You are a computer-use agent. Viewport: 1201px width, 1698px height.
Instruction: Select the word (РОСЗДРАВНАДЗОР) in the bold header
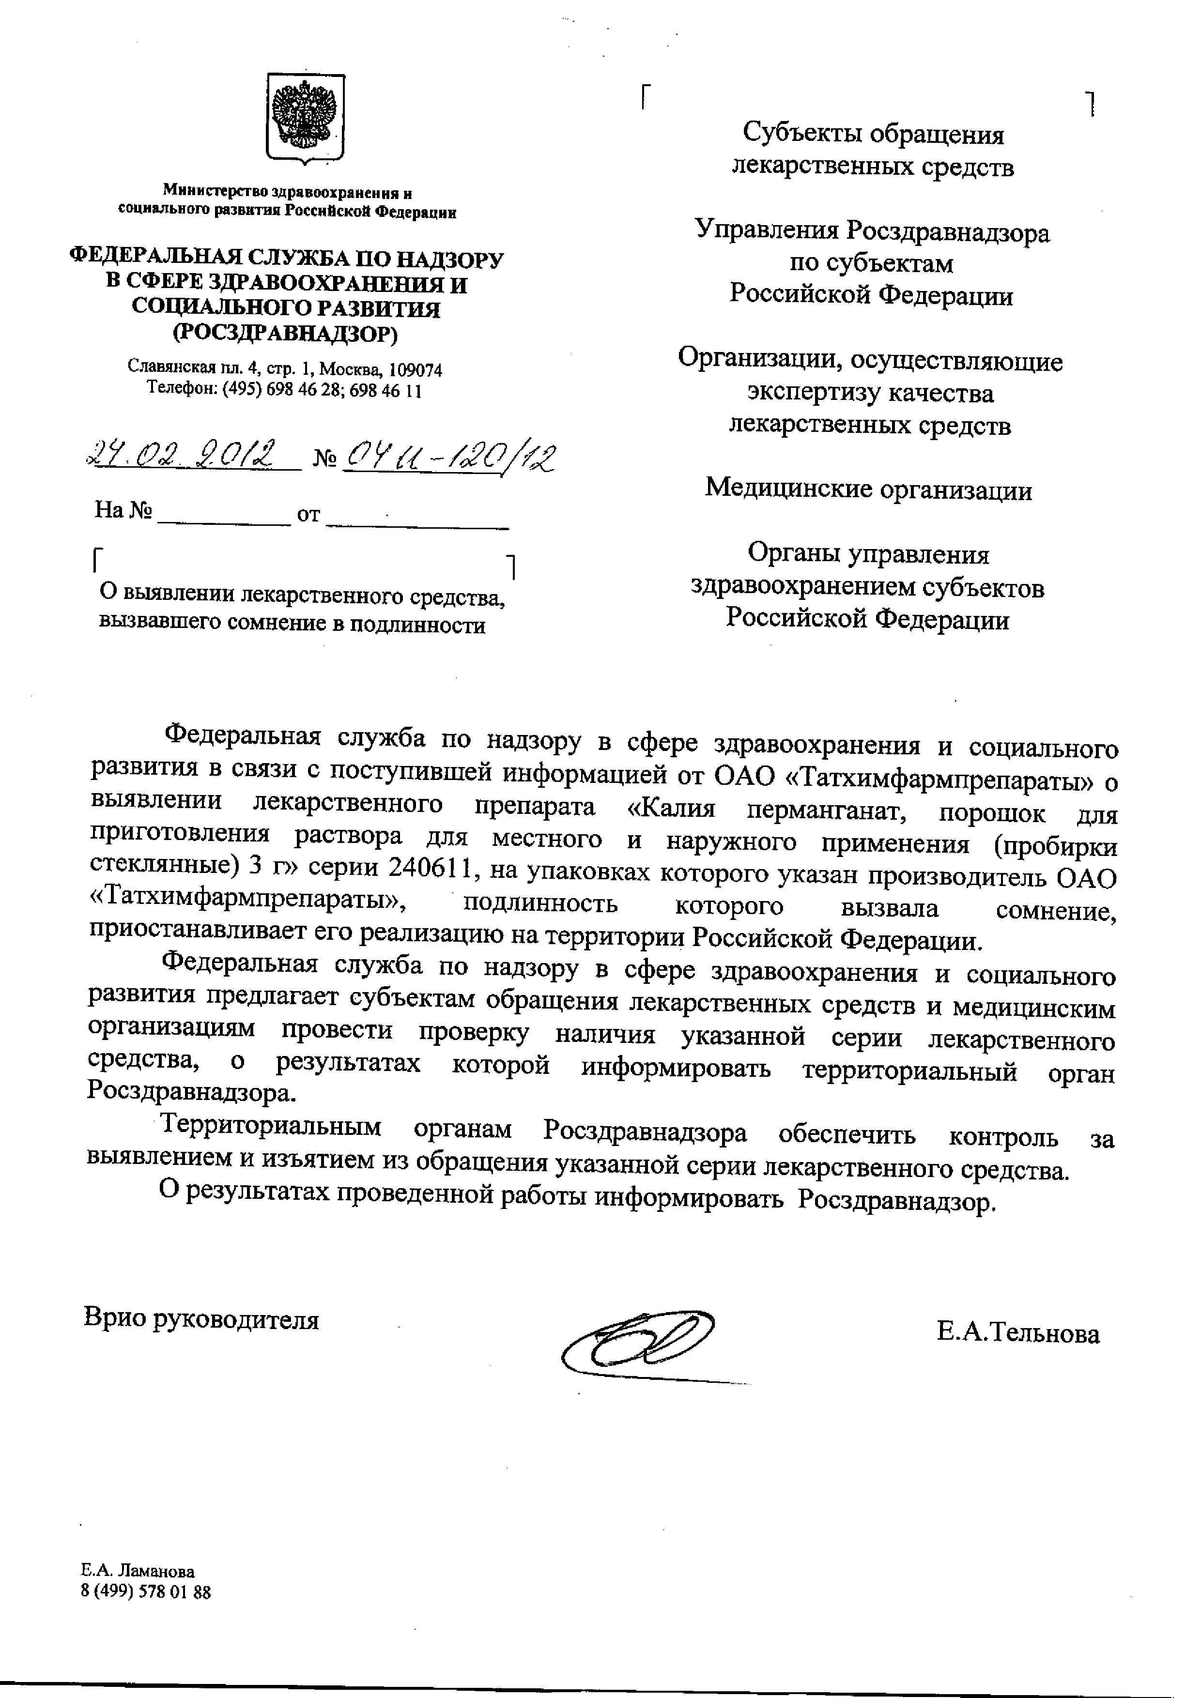coord(285,334)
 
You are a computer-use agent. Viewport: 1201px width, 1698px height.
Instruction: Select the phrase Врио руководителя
coord(201,1319)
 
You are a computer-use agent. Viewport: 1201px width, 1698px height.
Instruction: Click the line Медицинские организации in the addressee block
coord(868,489)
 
